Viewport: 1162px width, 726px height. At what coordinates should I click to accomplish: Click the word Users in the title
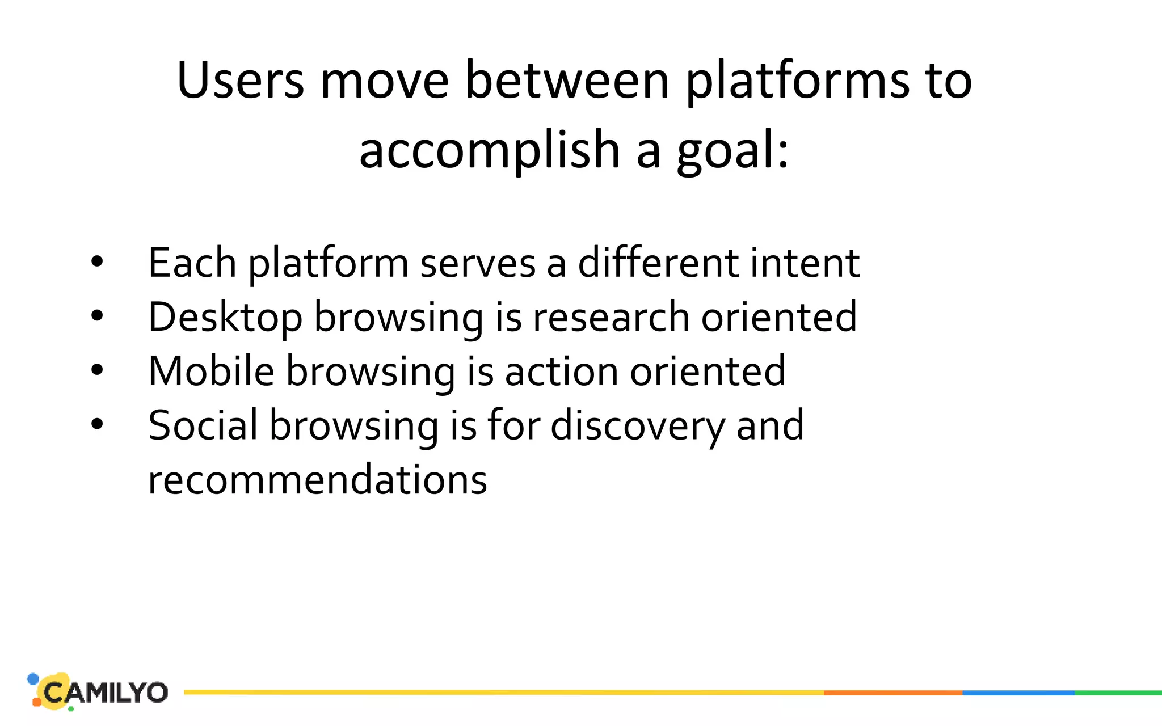click(x=241, y=81)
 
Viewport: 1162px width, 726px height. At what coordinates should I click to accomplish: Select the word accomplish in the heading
click(x=489, y=150)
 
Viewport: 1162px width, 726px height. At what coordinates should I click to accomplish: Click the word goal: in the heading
click(x=732, y=151)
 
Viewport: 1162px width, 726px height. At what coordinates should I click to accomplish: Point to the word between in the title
click(x=567, y=81)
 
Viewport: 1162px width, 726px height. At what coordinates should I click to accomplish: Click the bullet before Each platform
click(x=97, y=262)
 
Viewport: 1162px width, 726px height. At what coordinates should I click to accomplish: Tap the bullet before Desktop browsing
click(x=97, y=316)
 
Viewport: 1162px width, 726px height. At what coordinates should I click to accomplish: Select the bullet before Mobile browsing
click(x=97, y=370)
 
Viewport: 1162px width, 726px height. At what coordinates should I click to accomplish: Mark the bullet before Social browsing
click(x=97, y=424)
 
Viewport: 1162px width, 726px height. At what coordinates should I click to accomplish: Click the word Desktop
click(x=225, y=317)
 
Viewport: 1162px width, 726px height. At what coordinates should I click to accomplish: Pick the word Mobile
click(x=211, y=371)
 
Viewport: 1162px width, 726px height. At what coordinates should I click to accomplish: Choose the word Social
click(x=203, y=425)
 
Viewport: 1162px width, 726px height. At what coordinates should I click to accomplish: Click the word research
click(x=611, y=317)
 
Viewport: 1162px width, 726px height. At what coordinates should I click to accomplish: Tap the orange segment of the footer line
click(x=892, y=693)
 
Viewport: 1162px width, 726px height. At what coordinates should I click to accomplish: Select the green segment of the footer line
click(x=1118, y=693)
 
